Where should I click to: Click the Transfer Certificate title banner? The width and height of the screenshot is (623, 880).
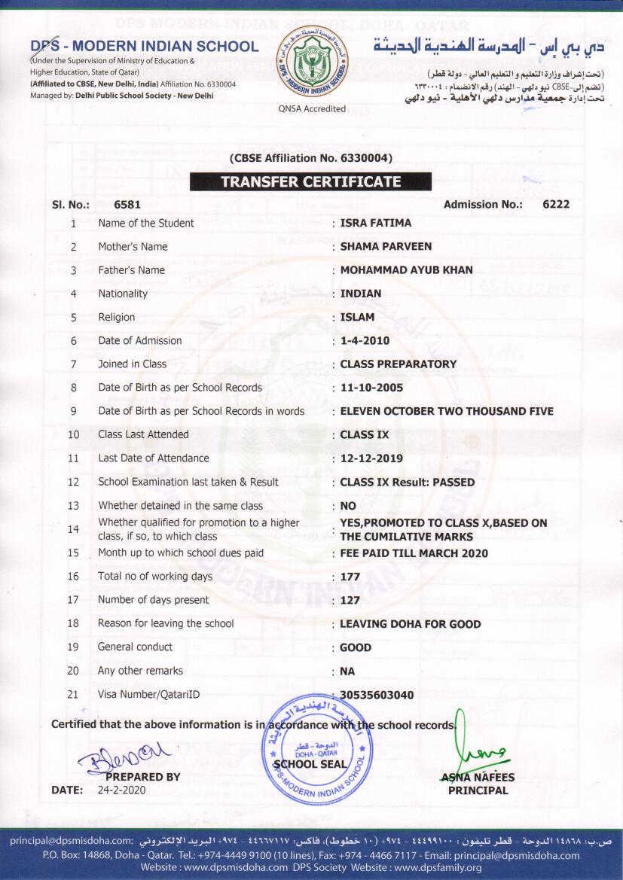[310, 181]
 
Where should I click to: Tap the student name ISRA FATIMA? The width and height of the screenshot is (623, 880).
[376, 223]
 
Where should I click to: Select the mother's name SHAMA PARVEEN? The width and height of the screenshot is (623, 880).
[386, 246]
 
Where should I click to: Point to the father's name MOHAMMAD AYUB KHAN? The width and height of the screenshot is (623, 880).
[407, 270]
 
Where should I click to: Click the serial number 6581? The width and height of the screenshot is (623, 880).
[127, 204]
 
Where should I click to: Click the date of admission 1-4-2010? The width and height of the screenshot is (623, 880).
[366, 340]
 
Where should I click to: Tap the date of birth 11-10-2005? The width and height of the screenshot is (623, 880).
[371, 388]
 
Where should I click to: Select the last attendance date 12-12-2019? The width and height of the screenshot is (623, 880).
[371, 458]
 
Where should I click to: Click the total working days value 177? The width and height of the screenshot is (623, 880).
[350, 577]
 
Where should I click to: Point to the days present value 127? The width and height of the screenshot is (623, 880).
[350, 600]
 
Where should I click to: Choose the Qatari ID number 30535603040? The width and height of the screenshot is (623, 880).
[377, 695]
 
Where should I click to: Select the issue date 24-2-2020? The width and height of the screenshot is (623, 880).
[122, 790]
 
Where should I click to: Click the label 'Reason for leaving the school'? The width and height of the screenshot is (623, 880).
[166, 623]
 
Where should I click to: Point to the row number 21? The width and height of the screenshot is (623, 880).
[73, 694]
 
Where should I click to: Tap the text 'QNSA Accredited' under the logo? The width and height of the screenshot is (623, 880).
[312, 108]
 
